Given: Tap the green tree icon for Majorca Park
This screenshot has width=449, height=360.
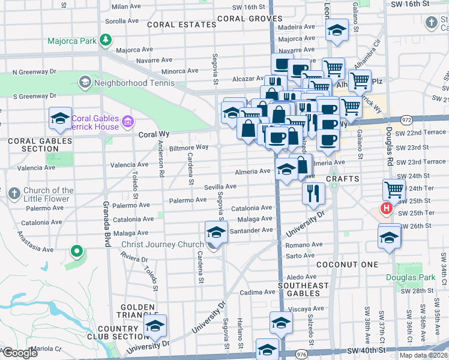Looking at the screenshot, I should (106, 40).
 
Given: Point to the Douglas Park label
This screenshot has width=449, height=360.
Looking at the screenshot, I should (418, 277).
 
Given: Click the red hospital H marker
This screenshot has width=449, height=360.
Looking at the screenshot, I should (387, 209).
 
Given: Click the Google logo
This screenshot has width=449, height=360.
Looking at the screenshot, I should (20, 353).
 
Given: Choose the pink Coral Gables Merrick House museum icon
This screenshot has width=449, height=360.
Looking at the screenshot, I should (127, 122).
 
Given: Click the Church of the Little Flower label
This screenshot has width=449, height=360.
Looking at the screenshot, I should (48, 195).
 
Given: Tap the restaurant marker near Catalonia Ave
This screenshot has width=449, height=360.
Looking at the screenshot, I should (313, 193).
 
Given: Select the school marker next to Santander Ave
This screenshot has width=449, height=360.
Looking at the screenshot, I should (216, 232).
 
